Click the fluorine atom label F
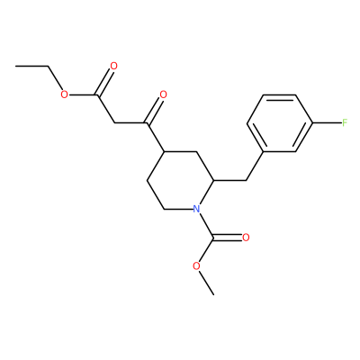tap(345, 122)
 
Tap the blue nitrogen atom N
tap(196, 209)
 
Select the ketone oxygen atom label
tap(163, 94)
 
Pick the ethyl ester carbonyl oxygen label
tap(113, 66)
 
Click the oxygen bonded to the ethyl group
tap(64, 94)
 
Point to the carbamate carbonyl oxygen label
tap(246, 238)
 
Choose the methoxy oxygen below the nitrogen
tap(196, 266)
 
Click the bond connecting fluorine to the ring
tap(327, 122)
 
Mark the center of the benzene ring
tap(279, 123)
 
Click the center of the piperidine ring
tap(180, 180)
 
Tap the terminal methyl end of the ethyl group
tap(15, 66)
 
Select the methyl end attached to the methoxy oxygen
tap(213, 294)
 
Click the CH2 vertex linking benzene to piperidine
tap(246, 180)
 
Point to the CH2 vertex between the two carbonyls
tap(114, 122)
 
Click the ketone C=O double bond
tap(154, 111)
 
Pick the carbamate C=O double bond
tap(227, 238)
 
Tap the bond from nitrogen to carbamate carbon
tap(206, 225)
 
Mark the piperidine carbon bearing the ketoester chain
tap(164, 151)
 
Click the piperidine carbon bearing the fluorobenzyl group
tap(213, 180)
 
